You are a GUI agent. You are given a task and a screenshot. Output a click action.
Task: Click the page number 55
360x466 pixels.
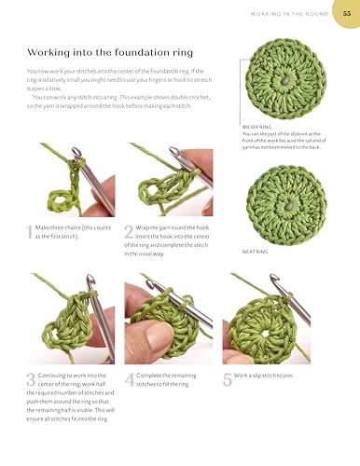tap(347, 12)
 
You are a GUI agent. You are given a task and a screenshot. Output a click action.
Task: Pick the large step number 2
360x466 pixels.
tap(129, 232)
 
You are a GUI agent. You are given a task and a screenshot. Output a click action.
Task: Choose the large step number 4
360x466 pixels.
tap(129, 379)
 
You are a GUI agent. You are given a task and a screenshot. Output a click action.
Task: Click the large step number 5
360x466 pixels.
tap(227, 379)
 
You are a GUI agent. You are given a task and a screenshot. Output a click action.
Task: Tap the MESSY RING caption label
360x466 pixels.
tap(256, 128)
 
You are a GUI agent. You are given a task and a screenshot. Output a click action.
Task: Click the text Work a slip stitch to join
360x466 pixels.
tap(267, 376)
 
